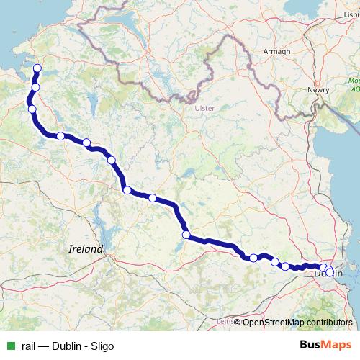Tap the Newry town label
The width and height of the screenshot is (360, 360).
(318, 89)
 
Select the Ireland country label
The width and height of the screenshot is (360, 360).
(86, 248)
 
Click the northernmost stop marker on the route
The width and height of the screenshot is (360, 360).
(37, 69)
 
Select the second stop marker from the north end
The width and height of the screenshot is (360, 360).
(35, 87)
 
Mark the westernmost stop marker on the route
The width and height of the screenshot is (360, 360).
(32, 109)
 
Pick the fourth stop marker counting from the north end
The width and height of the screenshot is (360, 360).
(61, 136)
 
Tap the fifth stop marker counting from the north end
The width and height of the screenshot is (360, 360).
(86, 143)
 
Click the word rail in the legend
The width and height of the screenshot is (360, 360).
(29, 346)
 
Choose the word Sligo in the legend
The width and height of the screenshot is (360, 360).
(101, 346)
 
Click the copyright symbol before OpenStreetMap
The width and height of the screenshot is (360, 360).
(238, 323)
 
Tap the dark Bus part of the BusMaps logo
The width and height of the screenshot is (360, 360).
(310, 345)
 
